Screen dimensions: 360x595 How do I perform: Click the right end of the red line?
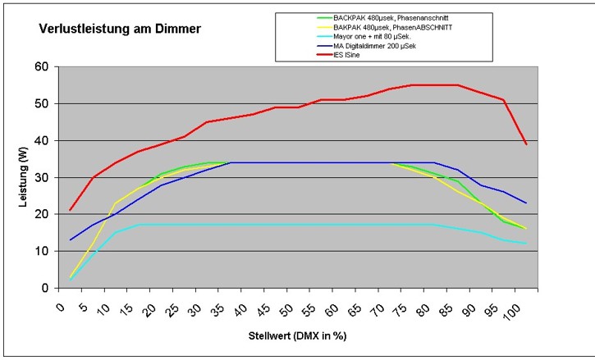click(526, 144)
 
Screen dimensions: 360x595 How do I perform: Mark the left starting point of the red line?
click(71, 210)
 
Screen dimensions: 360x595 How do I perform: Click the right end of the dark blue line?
click(526, 203)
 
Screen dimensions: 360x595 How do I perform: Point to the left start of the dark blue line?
click(71, 239)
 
